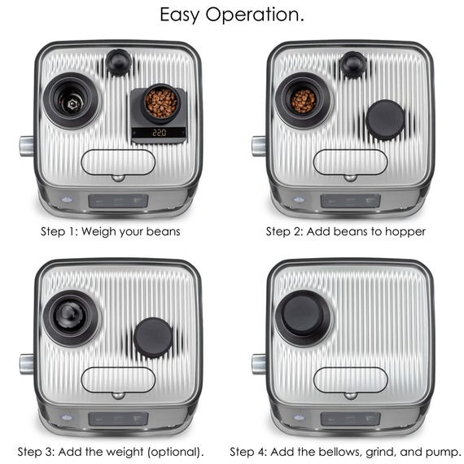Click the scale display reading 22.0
(159, 132)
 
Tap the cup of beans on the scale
(161, 103)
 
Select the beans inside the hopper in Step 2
(303, 101)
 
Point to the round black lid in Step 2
(385, 119)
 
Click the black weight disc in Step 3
(153, 337)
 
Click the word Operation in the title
(255, 15)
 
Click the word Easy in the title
(179, 15)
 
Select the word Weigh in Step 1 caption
(98, 232)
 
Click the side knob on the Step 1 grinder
(27, 147)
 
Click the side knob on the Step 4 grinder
(259, 364)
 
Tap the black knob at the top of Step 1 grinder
(118, 63)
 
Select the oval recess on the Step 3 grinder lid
(118, 380)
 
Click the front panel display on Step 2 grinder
(350, 201)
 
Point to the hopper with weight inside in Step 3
(71, 318)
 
